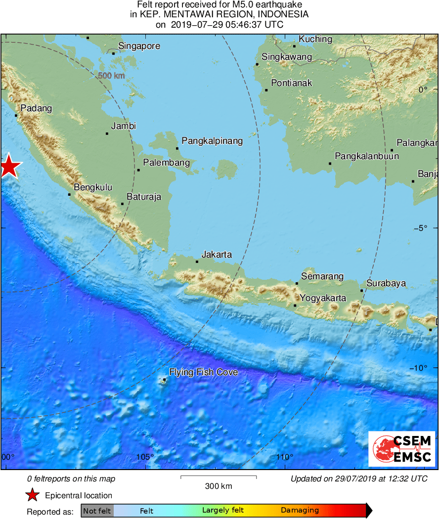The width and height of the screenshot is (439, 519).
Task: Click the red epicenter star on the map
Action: [x=8, y=167]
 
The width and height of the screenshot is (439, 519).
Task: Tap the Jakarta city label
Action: [x=217, y=255]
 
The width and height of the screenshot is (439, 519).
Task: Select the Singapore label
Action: [x=139, y=46]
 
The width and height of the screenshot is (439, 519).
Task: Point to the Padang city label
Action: [x=36, y=109]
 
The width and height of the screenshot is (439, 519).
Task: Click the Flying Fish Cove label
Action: [x=203, y=372]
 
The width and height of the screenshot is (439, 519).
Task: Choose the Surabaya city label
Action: [x=386, y=283]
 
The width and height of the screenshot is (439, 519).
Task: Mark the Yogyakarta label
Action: [x=323, y=298]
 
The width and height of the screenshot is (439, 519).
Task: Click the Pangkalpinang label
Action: [x=212, y=141]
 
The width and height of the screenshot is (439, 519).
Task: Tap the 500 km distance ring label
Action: [x=111, y=76]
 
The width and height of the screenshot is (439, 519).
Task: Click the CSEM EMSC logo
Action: [x=401, y=449]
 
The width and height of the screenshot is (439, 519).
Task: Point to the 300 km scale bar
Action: [x=219, y=477]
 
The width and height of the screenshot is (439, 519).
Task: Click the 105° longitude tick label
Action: [x=145, y=457]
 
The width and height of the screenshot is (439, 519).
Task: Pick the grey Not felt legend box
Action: [x=97, y=511]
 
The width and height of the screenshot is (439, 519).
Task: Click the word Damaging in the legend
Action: [x=300, y=511]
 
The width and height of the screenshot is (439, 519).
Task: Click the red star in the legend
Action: [x=32, y=495]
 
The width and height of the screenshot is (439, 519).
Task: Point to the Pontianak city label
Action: [x=292, y=83]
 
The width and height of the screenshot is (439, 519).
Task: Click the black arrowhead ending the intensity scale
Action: [x=369, y=511]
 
